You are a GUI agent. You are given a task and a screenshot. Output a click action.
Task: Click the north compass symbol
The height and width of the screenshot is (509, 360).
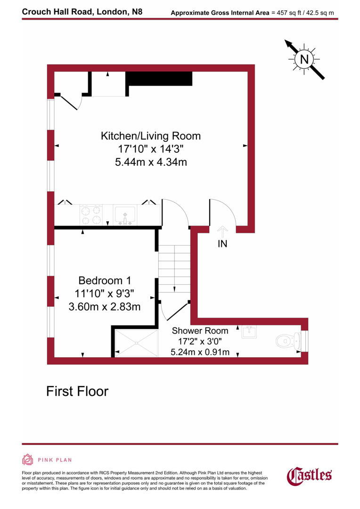[304, 59]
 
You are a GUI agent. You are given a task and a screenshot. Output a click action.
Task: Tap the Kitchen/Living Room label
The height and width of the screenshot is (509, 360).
[150, 136]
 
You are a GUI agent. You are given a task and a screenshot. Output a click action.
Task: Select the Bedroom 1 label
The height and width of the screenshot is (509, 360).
[105, 280]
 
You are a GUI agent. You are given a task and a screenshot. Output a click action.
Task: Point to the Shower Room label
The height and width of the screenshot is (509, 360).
[200, 330]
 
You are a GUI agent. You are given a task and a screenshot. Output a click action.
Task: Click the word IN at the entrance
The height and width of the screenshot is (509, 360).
[222, 244]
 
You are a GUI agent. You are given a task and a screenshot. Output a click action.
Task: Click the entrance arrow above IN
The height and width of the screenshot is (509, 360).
[222, 231]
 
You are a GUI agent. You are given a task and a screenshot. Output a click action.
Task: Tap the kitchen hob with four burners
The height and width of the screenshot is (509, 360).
[91, 215]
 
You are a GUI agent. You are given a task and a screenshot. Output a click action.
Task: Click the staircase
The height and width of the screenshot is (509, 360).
[174, 269]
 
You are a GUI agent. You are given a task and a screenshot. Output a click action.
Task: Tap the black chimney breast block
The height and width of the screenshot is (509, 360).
[160, 79]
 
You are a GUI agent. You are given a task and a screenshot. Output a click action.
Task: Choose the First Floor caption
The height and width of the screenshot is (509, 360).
[77, 391]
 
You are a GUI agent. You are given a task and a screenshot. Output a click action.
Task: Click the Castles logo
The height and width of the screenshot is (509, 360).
[309, 475]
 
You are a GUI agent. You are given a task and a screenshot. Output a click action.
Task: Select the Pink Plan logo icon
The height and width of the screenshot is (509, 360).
[28, 460]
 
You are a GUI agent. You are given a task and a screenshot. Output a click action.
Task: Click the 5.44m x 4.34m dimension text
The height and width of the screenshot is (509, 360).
[150, 163]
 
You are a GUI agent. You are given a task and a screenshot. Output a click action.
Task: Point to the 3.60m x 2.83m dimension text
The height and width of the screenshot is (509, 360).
[105, 307]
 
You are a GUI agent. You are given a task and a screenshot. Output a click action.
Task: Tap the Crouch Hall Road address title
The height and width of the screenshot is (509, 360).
[82, 12]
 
